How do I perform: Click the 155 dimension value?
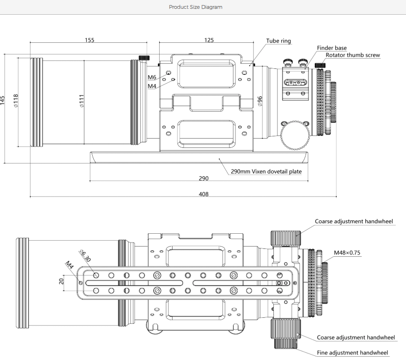coord(89,40)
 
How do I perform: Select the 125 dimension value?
coord(209,40)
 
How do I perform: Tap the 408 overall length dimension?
coord(204,194)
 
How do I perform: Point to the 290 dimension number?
coord(204,178)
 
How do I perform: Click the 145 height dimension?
coord(3,101)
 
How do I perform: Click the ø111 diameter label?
coord(81,101)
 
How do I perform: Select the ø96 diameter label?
coord(260,101)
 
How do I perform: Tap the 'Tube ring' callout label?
coord(278,41)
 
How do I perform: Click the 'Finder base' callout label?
coord(332,48)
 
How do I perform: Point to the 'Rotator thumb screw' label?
coord(353,55)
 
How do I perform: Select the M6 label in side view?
coord(152,77)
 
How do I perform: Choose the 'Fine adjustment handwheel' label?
coord(352,353)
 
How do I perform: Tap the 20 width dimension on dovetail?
coord(61,281)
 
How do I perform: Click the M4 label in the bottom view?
coord(69,265)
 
